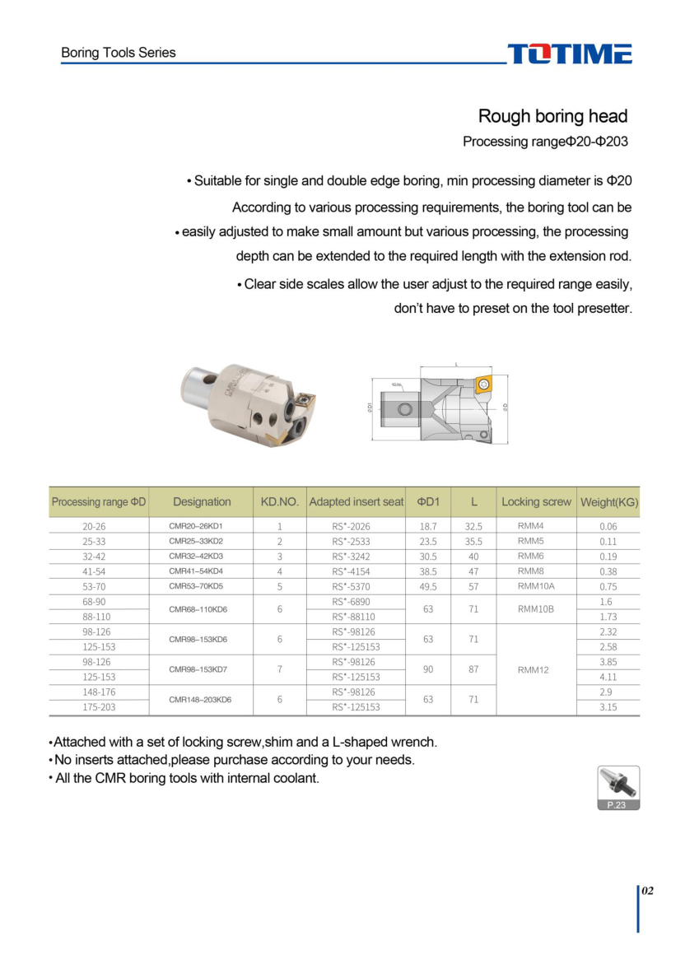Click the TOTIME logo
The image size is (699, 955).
click(569, 54)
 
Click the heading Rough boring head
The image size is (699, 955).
click(552, 116)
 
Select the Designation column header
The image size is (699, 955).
click(202, 501)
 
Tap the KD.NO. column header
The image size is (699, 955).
click(280, 501)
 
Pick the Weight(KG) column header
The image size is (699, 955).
click(609, 502)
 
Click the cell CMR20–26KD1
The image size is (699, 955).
click(196, 525)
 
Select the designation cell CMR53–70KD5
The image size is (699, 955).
click(196, 586)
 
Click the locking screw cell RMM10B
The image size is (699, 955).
click(536, 609)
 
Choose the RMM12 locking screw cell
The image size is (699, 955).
click(534, 669)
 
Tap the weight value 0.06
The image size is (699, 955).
click(608, 526)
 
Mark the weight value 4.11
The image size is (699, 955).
click(608, 677)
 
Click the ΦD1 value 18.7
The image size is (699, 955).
click(428, 526)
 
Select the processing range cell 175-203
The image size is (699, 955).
click(99, 707)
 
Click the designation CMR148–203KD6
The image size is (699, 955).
click(200, 700)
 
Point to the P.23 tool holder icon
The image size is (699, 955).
click(617, 787)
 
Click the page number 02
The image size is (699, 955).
click(647, 891)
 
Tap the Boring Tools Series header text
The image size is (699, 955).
click(119, 53)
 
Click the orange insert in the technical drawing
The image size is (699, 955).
click(483, 383)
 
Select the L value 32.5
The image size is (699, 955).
click(473, 526)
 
